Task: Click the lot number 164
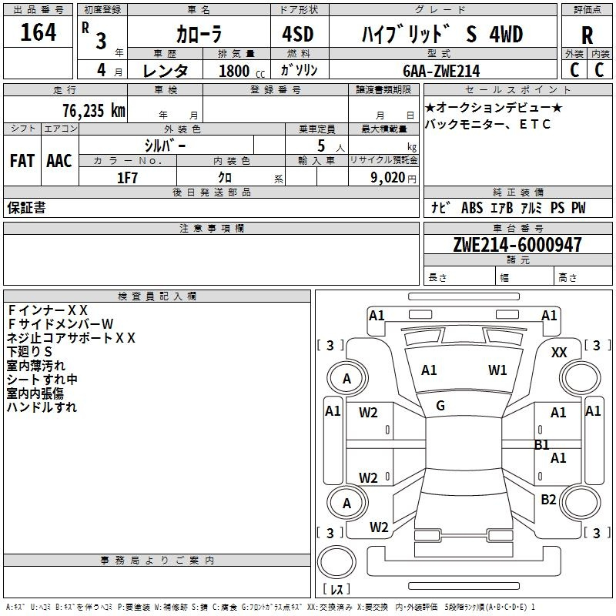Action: pos(38,32)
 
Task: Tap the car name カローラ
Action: pos(199,34)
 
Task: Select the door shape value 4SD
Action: pos(298,34)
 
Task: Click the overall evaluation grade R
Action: pos(587,35)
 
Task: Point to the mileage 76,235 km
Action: pos(94,110)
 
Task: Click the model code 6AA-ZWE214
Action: pos(441,71)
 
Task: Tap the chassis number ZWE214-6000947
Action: pos(517,244)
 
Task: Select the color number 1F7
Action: pos(127,178)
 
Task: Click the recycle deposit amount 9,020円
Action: pos(393,178)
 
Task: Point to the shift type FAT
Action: pos(22,161)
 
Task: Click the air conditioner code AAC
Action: pos(59,161)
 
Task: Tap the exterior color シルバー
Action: pos(165,146)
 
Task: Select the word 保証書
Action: pos(26,208)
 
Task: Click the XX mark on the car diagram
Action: pos(559,353)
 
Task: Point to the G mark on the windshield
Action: pos(440,406)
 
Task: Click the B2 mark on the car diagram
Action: pos(548,499)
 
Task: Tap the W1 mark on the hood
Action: pos(497,370)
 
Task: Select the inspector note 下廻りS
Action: pos(29,352)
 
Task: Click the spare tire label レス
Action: pos(336,589)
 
